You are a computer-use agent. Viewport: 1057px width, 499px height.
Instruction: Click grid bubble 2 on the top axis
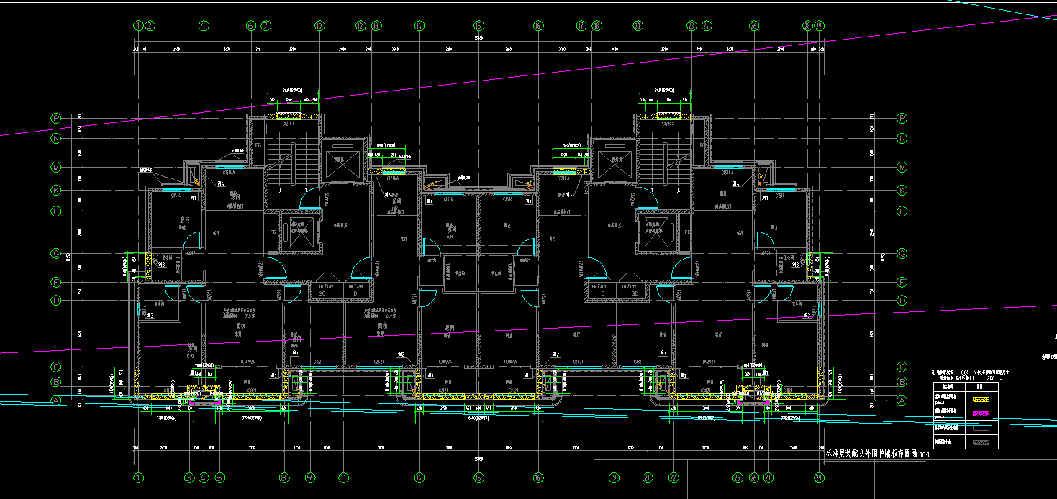click(x=150, y=26)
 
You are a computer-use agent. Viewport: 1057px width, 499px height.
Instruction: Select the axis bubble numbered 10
click(x=319, y=26)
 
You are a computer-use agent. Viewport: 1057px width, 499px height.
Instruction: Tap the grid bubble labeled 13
click(x=376, y=26)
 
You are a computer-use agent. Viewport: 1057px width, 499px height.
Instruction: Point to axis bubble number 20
click(x=638, y=26)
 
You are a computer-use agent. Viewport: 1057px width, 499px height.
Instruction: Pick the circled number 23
click(x=692, y=26)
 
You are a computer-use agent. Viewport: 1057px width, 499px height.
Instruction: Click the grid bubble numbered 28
click(x=807, y=26)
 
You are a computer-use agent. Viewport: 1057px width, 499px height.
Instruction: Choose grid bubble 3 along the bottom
click(x=189, y=477)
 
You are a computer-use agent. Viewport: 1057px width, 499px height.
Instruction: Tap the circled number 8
click(x=285, y=477)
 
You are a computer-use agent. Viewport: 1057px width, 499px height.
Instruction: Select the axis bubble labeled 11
click(x=344, y=477)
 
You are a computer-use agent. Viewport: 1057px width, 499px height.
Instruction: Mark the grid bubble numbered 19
click(x=614, y=477)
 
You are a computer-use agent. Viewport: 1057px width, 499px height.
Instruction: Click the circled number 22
click(x=673, y=477)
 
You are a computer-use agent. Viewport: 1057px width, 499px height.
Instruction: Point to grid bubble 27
click(x=768, y=477)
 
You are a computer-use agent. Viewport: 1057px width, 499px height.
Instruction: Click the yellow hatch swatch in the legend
click(x=984, y=398)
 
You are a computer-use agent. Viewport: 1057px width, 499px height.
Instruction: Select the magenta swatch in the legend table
click(x=984, y=413)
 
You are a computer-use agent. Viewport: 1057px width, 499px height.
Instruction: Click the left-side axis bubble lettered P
click(x=56, y=118)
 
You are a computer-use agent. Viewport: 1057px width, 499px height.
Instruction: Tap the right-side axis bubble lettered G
click(x=902, y=254)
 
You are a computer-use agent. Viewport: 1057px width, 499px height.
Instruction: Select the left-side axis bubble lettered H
click(x=56, y=211)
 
